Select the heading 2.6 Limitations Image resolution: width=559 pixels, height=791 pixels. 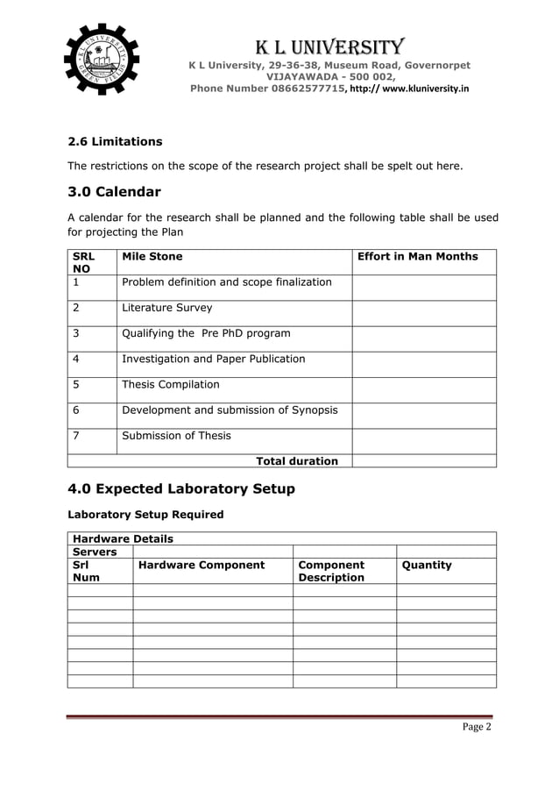(115, 141)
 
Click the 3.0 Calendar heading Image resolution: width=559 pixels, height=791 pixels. (114, 191)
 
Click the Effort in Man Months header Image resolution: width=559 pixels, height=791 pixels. (418, 256)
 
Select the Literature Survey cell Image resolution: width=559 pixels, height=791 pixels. (166, 308)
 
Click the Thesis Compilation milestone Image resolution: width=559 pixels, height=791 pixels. (170, 384)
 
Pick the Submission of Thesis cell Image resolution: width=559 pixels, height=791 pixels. (176, 435)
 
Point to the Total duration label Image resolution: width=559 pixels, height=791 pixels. (296, 460)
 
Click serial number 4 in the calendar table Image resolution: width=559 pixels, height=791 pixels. (77, 359)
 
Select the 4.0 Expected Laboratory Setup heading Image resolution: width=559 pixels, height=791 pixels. (181, 488)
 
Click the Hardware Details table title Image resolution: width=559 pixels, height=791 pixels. (124, 538)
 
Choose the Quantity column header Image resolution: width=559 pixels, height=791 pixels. (427, 565)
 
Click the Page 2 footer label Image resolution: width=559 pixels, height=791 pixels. (477, 727)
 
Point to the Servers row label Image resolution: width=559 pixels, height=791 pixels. (95, 552)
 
